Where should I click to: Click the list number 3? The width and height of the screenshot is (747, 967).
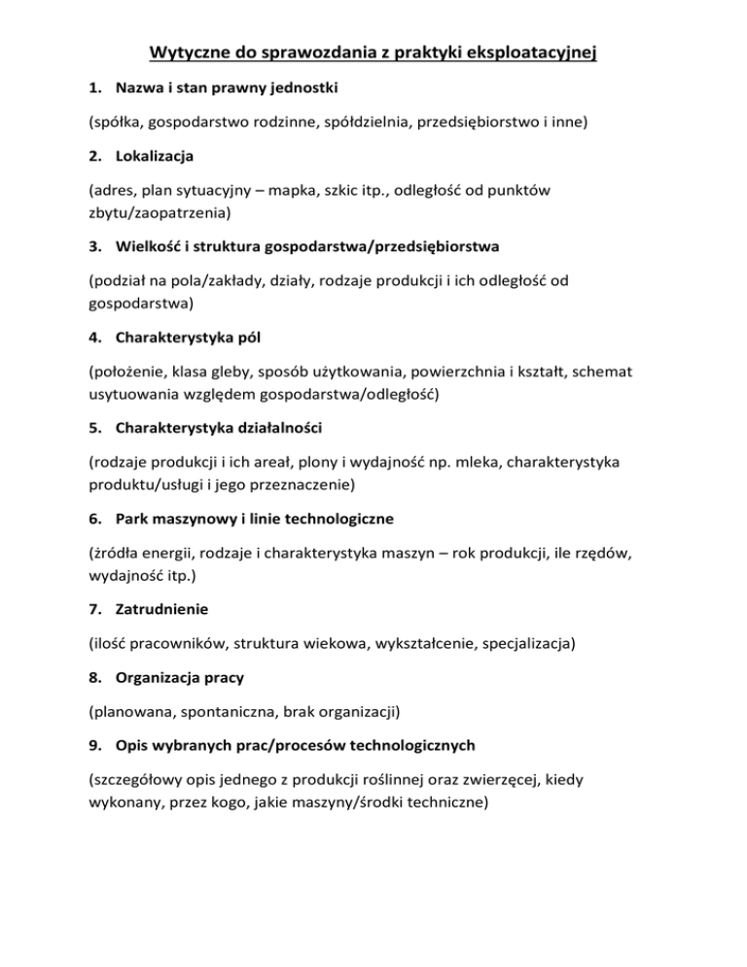pos(93,245)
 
